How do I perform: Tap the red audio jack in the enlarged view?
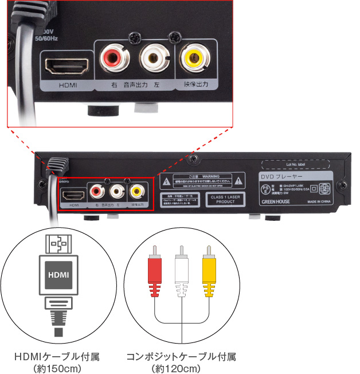pos(113,58)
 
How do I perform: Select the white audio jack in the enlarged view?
pos(152,58)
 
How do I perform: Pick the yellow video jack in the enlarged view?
pos(192,58)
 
